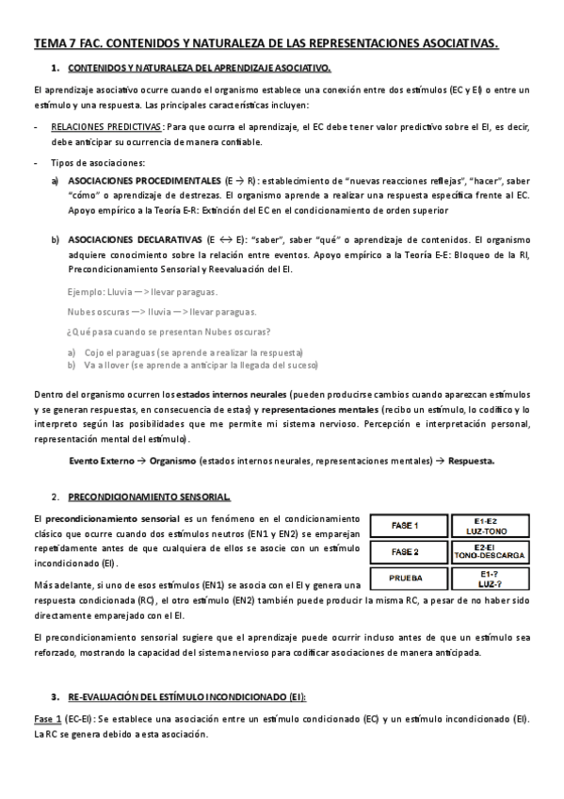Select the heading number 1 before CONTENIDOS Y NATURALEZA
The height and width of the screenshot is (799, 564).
coord(56,68)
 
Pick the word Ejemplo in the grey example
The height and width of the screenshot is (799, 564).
coord(89,292)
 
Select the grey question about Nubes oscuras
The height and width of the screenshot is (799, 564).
coord(169,330)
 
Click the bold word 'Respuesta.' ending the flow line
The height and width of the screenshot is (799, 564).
coord(471,461)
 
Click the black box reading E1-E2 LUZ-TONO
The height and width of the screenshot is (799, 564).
coord(489,525)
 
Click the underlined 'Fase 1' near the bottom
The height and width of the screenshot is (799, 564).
coord(45,720)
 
